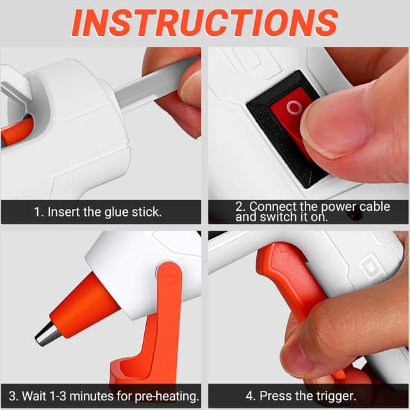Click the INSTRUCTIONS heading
click(x=204, y=22)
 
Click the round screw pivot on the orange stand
click(x=168, y=276)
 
